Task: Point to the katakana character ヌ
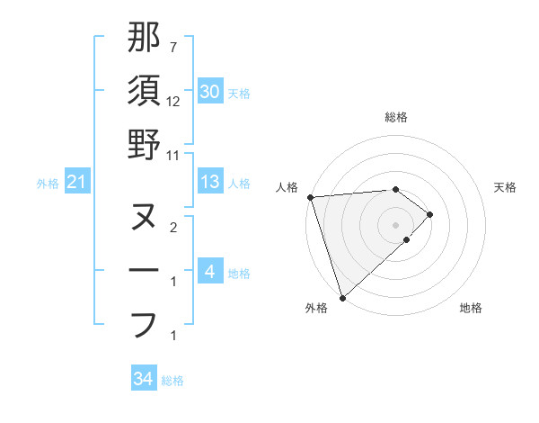pos(144,217)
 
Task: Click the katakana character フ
pos(144,323)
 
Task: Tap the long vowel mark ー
pos(144,271)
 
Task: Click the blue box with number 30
pos(210,92)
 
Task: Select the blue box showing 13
pos(210,183)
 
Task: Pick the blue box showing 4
pos(210,273)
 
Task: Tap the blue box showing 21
pos(76,183)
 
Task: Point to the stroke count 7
pos(173,47)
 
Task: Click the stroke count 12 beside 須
pos(173,101)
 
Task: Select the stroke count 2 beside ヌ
pos(173,228)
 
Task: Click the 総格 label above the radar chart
pos(396,117)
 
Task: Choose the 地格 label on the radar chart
pos(471,309)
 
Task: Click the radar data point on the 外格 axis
pos(341,297)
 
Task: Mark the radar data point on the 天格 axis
pos(430,214)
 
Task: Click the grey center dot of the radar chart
pos(396,223)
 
